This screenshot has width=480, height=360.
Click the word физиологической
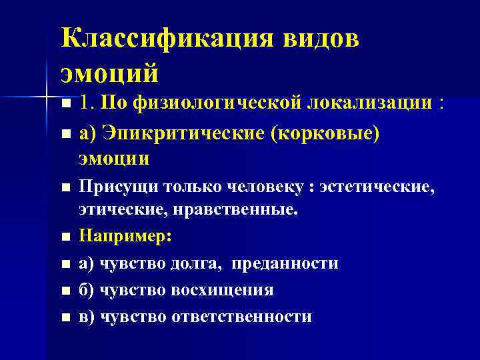[219, 103]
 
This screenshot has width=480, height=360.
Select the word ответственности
[242, 316]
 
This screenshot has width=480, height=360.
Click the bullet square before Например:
[65, 237]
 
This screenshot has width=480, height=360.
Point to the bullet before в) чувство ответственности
[65, 317]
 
